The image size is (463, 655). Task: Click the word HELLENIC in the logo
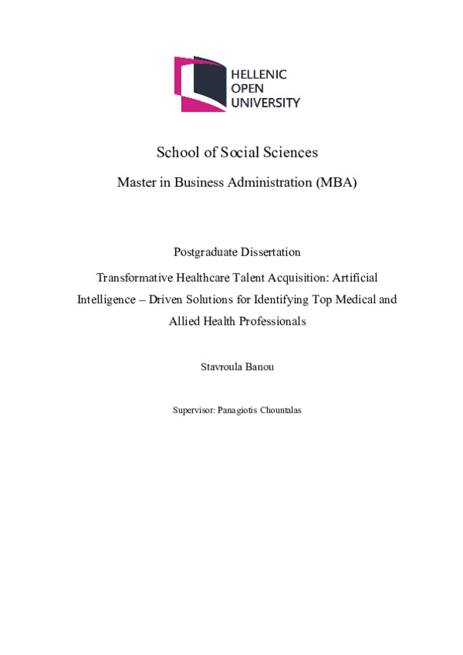click(259, 75)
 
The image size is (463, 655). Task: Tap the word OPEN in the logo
click(248, 89)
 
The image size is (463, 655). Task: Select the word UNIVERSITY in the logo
click(266, 103)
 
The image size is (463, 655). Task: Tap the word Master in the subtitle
click(137, 183)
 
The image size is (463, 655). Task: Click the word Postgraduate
click(207, 252)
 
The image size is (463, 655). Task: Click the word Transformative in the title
click(134, 275)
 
